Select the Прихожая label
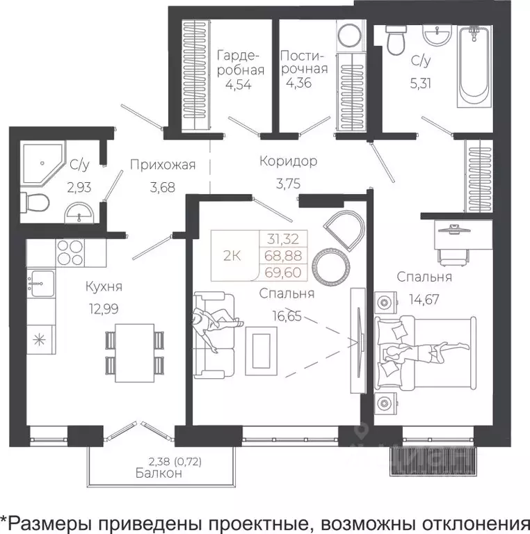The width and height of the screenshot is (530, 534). [x=161, y=165]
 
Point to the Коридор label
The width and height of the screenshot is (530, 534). [x=288, y=161]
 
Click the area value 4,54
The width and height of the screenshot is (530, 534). [x=238, y=86]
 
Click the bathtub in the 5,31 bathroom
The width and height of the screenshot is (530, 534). [x=474, y=66]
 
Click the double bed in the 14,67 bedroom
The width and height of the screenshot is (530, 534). [x=425, y=351]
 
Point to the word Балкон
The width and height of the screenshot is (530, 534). [x=160, y=474]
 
